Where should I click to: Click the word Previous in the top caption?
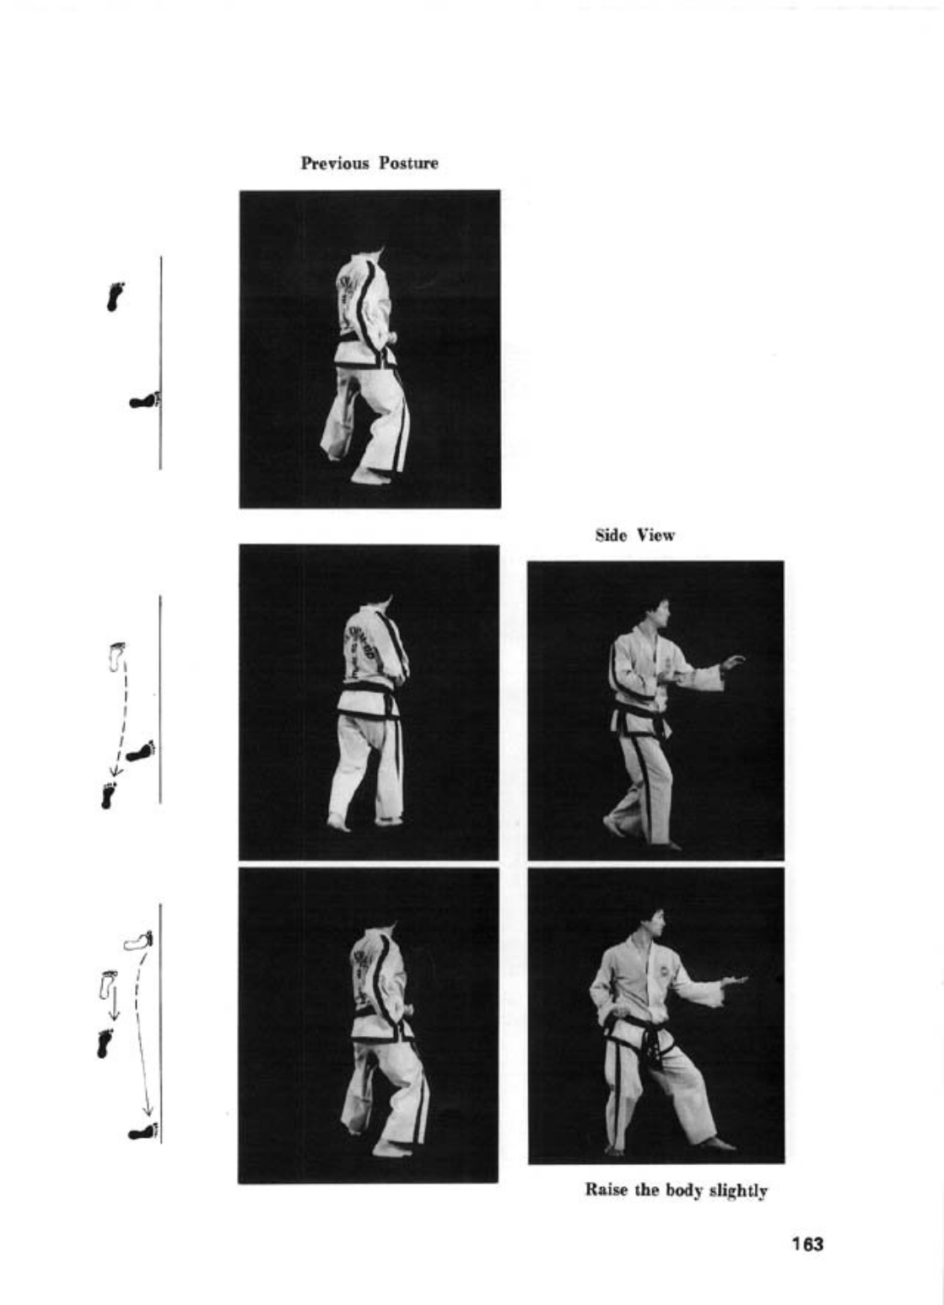pyautogui.click(x=335, y=164)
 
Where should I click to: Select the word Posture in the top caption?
pyautogui.click(x=409, y=164)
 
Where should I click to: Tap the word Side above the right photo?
pyautogui.click(x=611, y=534)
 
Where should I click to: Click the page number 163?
pyautogui.click(x=807, y=1243)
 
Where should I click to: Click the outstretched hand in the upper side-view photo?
pyautogui.click(x=732, y=662)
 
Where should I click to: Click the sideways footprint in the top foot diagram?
pyautogui.click(x=144, y=400)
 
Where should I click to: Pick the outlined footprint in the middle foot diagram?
pyautogui.click(x=117, y=657)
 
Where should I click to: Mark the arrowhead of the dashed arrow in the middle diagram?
pyautogui.click(x=115, y=771)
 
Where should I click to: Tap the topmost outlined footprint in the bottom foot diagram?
pyautogui.click(x=138, y=940)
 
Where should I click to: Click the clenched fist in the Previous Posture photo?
pyautogui.click(x=391, y=337)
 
